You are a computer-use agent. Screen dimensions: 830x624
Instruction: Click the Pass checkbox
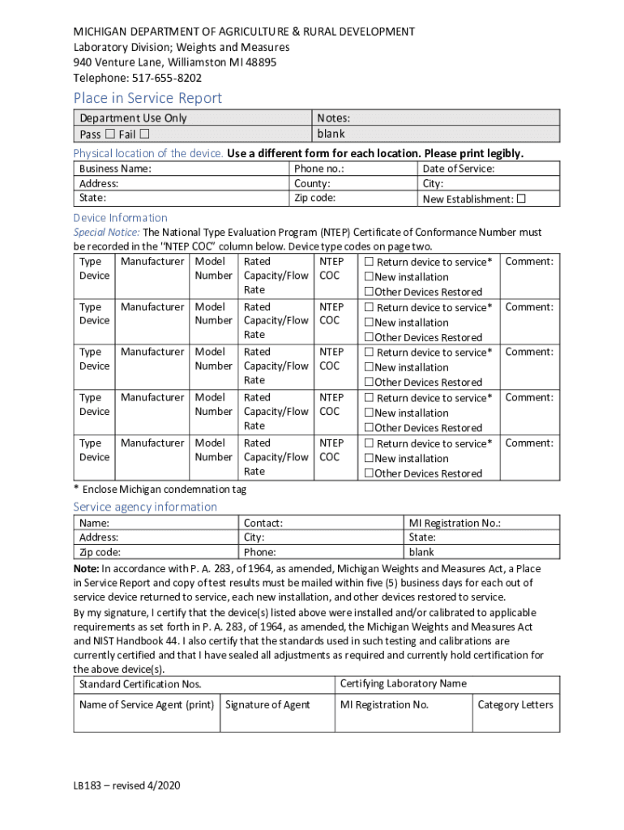pos(110,135)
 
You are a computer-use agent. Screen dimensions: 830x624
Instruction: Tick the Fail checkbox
pos(144,135)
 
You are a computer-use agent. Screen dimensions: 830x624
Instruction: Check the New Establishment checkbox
pos(521,199)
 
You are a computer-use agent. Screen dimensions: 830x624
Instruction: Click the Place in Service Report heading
pos(147,98)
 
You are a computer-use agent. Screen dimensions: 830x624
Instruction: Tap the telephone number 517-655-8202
pos(161,78)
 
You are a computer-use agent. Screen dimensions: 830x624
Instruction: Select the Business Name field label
pos(115,169)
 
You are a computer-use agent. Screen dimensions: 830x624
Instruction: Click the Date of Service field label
pos(459,169)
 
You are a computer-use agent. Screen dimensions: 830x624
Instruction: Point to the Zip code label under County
pos(314,198)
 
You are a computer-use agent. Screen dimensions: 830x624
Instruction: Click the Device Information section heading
pos(121,217)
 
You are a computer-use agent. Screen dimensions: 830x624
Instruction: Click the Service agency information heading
pos(145,507)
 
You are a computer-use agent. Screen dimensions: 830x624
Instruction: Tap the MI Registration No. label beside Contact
pos(455,523)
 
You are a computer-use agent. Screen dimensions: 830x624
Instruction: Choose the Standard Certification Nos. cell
pos(140,685)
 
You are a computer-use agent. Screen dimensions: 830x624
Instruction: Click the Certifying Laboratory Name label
pos(404,683)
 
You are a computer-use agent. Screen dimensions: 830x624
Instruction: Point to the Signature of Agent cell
pos(267,704)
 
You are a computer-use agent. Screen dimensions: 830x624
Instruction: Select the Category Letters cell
pos(515,704)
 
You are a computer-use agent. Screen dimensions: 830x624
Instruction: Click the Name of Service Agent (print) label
pos(147,704)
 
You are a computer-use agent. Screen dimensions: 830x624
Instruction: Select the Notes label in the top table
pos(333,118)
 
